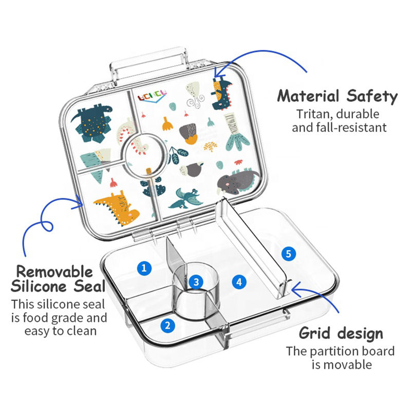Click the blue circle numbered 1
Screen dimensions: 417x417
coord(144,267)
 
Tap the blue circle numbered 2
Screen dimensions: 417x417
coord(166,325)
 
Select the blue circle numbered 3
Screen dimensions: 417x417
coord(195,281)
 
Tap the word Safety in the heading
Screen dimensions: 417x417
coord(370,96)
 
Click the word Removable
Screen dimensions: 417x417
coord(54,271)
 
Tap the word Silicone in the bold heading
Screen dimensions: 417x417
coord(43,286)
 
